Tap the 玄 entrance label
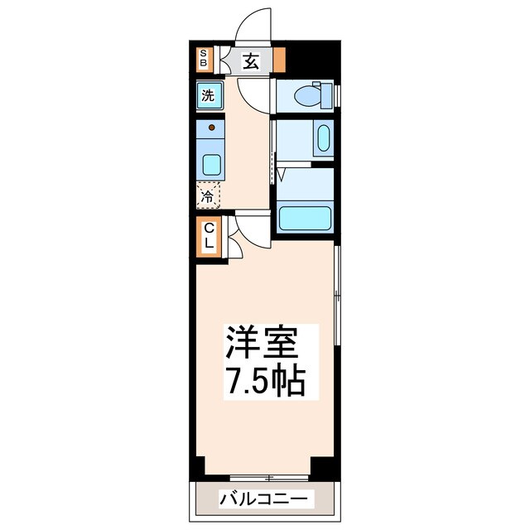(x=249, y=60)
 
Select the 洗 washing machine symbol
(x=208, y=94)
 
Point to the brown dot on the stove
(x=211, y=128)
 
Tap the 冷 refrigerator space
(x=209, y=196)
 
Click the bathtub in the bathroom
(x=304, y=218)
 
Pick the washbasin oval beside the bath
(x=323, y=137)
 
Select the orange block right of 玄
(x=279, y=60)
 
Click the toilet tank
(x=326, y=94)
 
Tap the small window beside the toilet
(x=337, y=94)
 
